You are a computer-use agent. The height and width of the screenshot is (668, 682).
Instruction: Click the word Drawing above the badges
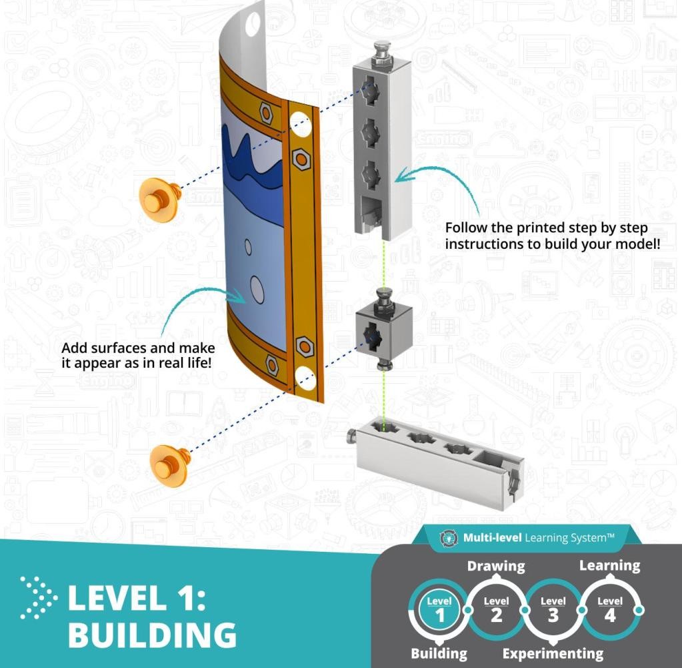pos(496,566)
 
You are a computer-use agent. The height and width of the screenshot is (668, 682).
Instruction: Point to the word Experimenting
pos(553,653)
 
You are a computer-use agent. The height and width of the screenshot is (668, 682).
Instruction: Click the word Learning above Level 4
pos(610,565)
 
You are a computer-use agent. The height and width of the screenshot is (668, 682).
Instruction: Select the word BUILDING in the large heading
pos(152,635)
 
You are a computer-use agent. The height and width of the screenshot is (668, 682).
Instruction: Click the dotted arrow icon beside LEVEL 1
pos(38,597)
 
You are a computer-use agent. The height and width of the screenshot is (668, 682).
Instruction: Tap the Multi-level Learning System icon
pos(447,539)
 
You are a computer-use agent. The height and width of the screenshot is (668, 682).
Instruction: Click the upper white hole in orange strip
pos(301,123)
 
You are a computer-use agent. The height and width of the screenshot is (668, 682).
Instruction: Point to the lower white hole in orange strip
pos(305,378)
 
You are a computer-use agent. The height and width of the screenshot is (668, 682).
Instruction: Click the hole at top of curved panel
pos(253,25)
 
